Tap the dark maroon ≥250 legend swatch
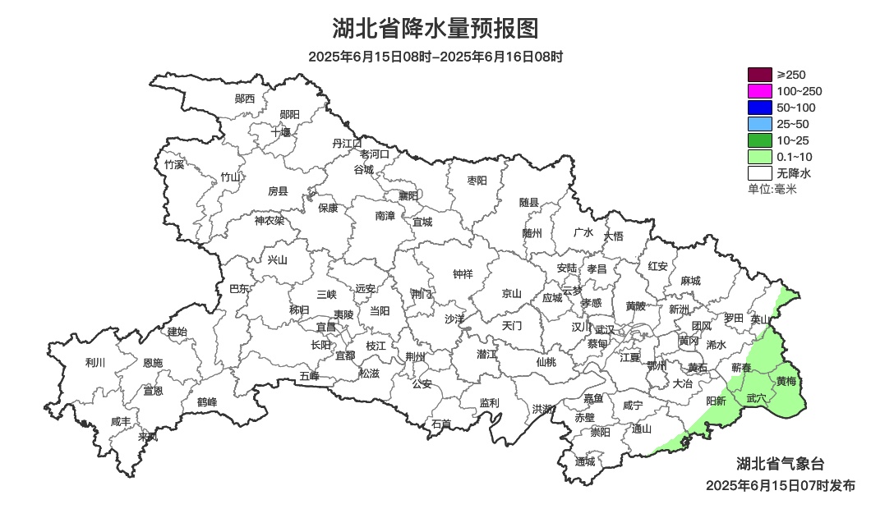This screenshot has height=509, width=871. point(760,75)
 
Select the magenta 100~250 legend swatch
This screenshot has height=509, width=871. point(760,91)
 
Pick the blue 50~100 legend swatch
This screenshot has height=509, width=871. point(760,108)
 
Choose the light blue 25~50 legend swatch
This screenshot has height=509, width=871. point(760,124)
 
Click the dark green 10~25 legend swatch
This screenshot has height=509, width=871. point(760,140)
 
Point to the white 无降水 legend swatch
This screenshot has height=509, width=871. point(760,173)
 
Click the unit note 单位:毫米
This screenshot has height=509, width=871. point(772,190)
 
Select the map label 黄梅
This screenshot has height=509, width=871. point(786,381)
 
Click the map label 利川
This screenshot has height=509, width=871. point(95,362)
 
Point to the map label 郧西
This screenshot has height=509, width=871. point(245,99)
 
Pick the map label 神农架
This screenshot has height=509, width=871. point(269,220)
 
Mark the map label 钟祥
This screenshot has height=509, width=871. point(463,274)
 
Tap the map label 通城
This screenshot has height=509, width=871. point(585,461)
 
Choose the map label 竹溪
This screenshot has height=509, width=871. point(174,164)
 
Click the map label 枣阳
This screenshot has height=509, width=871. point(477,180)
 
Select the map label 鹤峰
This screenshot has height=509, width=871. point(207,402)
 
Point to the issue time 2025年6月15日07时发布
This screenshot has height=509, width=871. point(780,485)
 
